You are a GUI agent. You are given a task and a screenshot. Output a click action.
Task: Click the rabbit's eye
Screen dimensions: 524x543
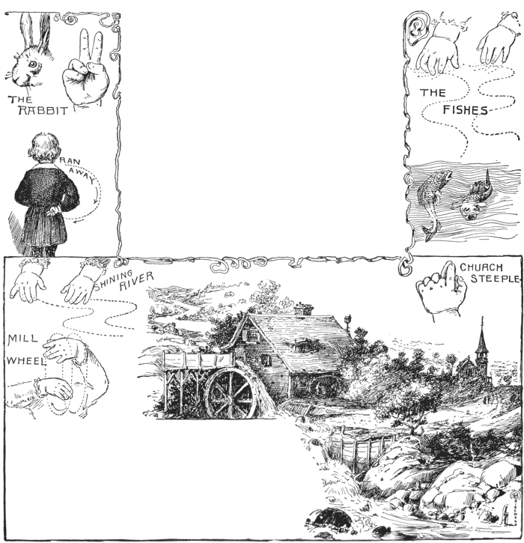coord(33,64)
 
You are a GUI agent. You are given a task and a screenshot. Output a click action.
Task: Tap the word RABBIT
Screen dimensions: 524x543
coord(43,110)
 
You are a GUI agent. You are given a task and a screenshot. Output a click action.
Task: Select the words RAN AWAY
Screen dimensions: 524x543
coord(77,171)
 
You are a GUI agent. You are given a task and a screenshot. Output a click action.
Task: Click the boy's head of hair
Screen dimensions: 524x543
coord(43,148)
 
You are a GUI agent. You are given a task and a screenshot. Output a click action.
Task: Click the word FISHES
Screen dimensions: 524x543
coord(465,110)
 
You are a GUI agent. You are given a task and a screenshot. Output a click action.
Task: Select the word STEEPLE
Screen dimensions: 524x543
coord(495,279)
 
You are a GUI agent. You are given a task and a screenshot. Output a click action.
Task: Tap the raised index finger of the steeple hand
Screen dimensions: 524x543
coord(449,276)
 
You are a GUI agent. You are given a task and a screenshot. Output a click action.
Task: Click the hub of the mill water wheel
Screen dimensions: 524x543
coord(227,401)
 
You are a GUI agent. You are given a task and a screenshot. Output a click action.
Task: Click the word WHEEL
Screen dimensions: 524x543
coord(26,361)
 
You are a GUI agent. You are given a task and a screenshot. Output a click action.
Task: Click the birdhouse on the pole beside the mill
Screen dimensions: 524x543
coord(348,319)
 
